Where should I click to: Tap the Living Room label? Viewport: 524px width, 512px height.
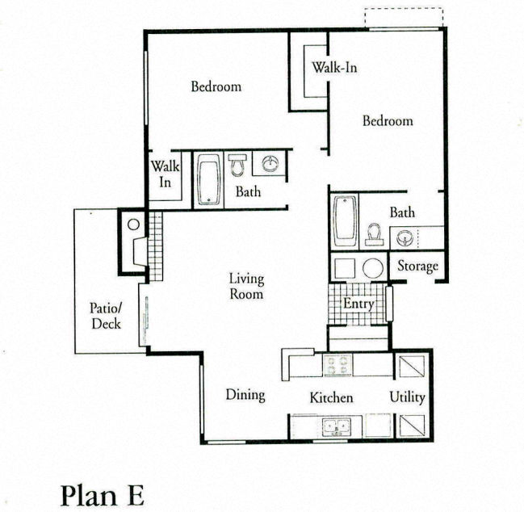point(246,287)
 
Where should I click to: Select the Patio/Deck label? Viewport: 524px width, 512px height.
point(105,316)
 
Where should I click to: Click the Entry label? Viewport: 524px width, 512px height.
point(358,304)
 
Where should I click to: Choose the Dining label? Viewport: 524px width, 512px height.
point(245,395)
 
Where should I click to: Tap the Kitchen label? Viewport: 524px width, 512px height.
point(332,398)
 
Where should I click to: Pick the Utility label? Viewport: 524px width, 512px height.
point(407,397)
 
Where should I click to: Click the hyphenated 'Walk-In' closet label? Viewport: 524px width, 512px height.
point(335,67)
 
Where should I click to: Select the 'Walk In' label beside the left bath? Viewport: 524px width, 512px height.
point(164,175)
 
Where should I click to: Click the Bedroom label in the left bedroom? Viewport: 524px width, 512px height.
point(216,86)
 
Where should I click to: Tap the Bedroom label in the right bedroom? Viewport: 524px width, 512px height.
point(387,121)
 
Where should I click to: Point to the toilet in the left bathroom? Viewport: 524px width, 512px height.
point(237,166)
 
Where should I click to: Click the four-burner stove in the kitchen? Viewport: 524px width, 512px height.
point(336,365)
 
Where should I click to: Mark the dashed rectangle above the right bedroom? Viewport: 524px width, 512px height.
point(403,18)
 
